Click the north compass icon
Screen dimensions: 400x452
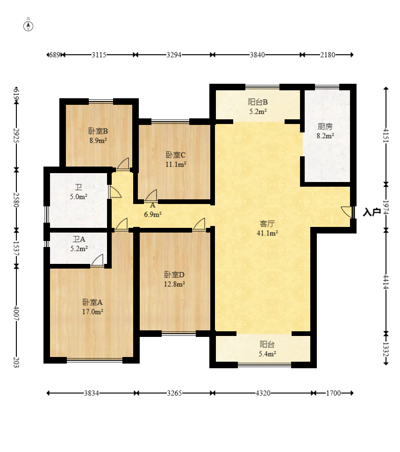point(28,26)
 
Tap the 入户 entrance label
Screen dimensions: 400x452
point(371,212)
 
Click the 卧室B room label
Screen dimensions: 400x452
point(98,131)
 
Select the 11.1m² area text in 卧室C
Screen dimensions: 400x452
point(176,164)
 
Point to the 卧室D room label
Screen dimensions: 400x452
point(174,274)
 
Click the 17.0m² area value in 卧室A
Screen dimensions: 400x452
point(93,312)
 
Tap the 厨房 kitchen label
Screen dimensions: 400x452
point(325,126)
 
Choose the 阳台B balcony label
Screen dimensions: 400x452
point(258,102)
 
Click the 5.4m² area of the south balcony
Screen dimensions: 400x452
point(267,354)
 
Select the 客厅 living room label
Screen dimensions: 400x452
point(267,223)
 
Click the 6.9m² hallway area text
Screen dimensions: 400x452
point(153,214)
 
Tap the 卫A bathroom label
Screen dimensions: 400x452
point(79,239)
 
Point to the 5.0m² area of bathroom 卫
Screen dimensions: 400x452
point(79,197)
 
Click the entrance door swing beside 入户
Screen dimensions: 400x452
point(347,212)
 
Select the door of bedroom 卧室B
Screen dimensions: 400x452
point(123,164)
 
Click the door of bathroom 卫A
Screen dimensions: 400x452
point(97,260)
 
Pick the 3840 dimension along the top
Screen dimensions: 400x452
point(257,55)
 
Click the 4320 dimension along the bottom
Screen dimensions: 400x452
point(263,393)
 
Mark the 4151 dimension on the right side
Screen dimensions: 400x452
point(386,135)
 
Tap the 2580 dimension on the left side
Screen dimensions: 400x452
point(16,199)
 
